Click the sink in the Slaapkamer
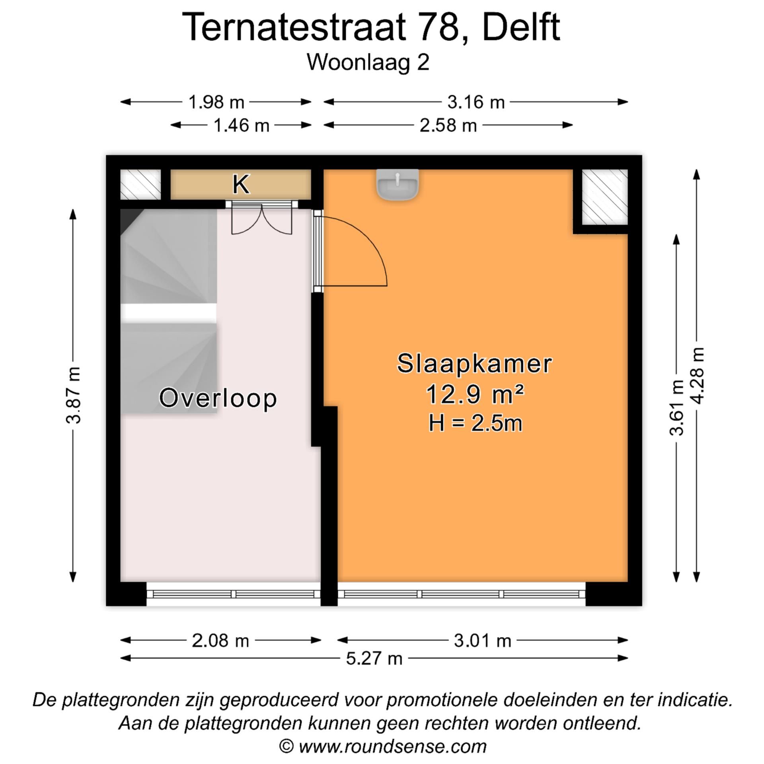[x=397, y=184]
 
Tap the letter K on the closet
[x=241, y=184]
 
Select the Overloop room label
[x=218, y=398]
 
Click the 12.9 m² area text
[x=474, y=394]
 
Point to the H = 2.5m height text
[x=475, y=423]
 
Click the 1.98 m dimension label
[x=216, y=102]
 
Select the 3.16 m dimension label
[x=476, y=102]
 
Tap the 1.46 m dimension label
[x=241, y=126]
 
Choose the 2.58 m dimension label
[x=448, y=126]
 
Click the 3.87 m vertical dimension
[x=74, y=395]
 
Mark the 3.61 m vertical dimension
[x=676, y=407]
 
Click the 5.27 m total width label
[x=374, y=658]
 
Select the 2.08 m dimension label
[x=220, y=641]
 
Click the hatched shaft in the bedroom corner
[x=604, y=197]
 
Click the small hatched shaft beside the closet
[x=140, y=184]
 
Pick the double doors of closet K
[x=261, y=219]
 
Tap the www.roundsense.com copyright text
[x=392, y=746]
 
